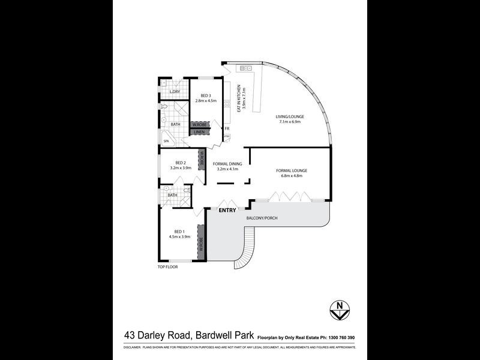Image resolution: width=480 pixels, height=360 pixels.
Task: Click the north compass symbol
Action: click(x=341, y=310)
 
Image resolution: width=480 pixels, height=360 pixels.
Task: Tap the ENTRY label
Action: click(x=227, y=211)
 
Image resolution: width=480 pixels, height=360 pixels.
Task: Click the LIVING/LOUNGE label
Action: click(x=289, y=119)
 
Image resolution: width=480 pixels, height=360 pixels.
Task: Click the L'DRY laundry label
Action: click(x=175, y=92)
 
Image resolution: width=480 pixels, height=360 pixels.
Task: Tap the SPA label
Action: click(x=167, y=141)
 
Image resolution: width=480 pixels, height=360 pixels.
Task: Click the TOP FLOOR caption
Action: click(x=167, y=267)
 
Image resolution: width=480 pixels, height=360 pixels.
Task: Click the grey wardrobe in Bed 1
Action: click(x=202, y=241)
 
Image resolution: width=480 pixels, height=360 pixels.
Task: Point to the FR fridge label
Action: click(x=227, y=128)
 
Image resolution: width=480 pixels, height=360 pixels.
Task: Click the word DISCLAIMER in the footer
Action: click(x=132, y=347)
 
